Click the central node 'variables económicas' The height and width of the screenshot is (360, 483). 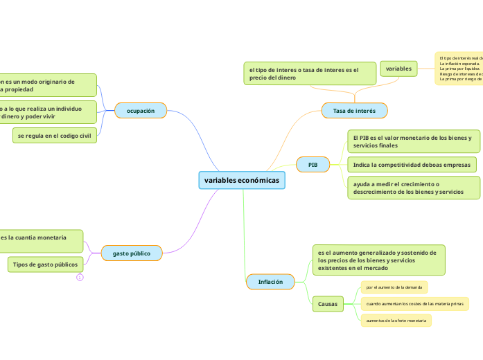click(242, 180)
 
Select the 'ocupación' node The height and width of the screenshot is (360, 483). click(141, 111)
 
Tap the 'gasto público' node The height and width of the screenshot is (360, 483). click(132, 253)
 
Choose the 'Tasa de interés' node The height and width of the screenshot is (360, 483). click(354, 111)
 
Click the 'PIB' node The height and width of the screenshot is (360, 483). click(313, 165)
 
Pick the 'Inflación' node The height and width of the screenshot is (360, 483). click(270, 282)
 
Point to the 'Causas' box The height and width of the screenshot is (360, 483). click(328, 304)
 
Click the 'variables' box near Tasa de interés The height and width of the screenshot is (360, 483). click(398, 69)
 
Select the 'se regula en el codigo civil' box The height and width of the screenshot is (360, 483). click(55, 136)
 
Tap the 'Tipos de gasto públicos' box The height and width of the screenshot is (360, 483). click(46, 264)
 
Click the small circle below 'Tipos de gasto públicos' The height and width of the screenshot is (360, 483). click(80, 278)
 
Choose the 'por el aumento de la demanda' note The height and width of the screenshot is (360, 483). click(394, 287)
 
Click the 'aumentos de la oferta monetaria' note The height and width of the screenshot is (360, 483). click(396, 321)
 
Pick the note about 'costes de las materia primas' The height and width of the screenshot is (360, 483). click(414, 304)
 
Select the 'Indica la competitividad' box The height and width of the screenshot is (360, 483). click(412, 165)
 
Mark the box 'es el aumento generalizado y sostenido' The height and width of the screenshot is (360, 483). click(378, 260)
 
